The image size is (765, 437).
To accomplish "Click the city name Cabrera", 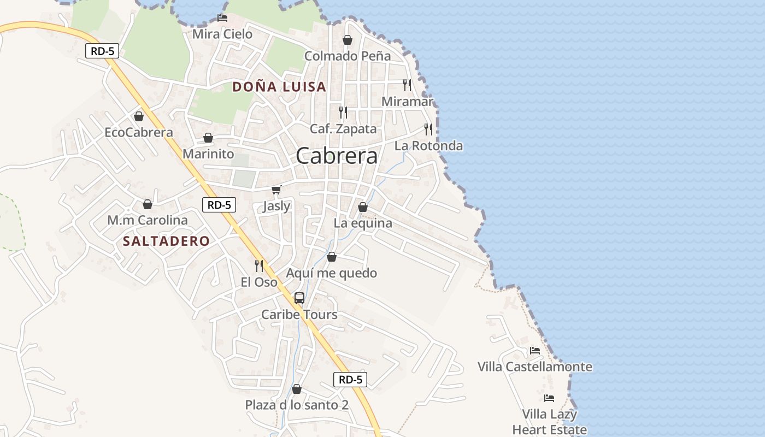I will pyautogui.click(x=337, y=156).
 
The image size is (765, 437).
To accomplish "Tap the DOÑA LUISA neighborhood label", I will pyautogui.click(x=279, y=87).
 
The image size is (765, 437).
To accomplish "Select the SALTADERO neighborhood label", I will pyautogui.click(x=166, y=241).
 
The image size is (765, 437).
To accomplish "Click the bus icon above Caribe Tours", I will pyautogui.click(x=299, y=298).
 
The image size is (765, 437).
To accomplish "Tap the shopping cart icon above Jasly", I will pyautogui.click(x=276, y=190).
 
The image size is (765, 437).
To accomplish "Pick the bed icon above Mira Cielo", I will pyautogui.click(x=222, y=17).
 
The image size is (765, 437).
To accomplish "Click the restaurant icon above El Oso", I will pyautogui.click(x=259, y=266).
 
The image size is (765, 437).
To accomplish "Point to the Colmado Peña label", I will pyautogui.click(x=348, y=56).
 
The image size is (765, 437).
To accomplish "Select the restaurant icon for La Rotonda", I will pyautogui.click(x=428, y=129).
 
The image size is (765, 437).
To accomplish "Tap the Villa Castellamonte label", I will pyautogui.click(x=535, y=367).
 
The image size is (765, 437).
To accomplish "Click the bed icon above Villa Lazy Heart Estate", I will pyautogui.click(x=549, y=398).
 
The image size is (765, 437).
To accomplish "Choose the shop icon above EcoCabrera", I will pyautogui.click(x=139, y=116).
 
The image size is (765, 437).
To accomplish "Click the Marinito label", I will pyautogui.click(x=208, y=154).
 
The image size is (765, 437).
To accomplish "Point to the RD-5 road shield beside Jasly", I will pyautogui.click(x=219, y=205).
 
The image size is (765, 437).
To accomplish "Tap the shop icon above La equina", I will pyautogui.click(x=363, y=207).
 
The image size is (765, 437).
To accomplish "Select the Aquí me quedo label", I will pyautogui.click(x=332, y=273).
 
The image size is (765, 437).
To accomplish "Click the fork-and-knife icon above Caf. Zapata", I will pyautogui.click(x=343, y=113).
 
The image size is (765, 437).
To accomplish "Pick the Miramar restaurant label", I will pyautogui.click(x=407, y=102).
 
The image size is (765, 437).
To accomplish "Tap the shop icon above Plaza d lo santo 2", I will pyautogui.click(x=297, y=389).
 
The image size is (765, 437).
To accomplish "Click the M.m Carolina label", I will pyautogui.click(x=148, y=221).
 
